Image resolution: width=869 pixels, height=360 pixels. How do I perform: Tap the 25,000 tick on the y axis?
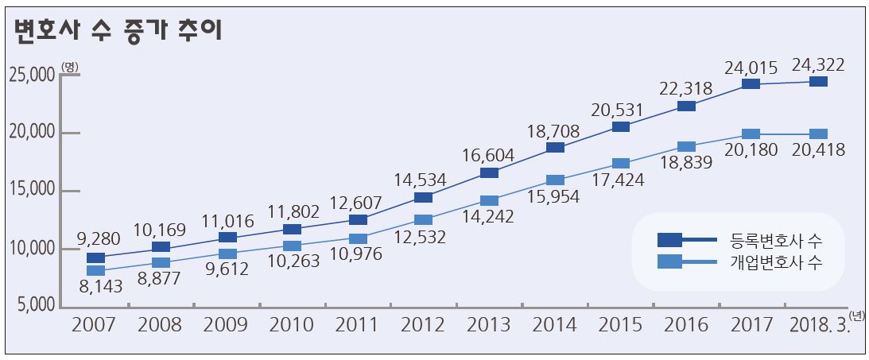click(32, 75)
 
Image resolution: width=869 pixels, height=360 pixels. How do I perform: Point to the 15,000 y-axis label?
click(32, 191)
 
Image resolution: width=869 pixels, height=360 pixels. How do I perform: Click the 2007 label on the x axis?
click(93, 325)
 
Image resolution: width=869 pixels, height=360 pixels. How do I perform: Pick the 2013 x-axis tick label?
click(488, 325)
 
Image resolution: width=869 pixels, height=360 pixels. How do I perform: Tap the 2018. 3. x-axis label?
click(818, 325)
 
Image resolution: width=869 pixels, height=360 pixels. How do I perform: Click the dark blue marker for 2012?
click(424, 197)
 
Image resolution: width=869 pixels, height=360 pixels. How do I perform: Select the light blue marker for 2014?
click(556, 180)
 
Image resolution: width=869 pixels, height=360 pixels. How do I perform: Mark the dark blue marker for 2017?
click(751, 83)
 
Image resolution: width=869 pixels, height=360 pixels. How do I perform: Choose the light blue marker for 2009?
click(227, 254)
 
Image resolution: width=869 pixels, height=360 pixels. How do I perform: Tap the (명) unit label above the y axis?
click(69, 67)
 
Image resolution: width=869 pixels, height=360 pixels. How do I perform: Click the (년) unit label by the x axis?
click(856, 315)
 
